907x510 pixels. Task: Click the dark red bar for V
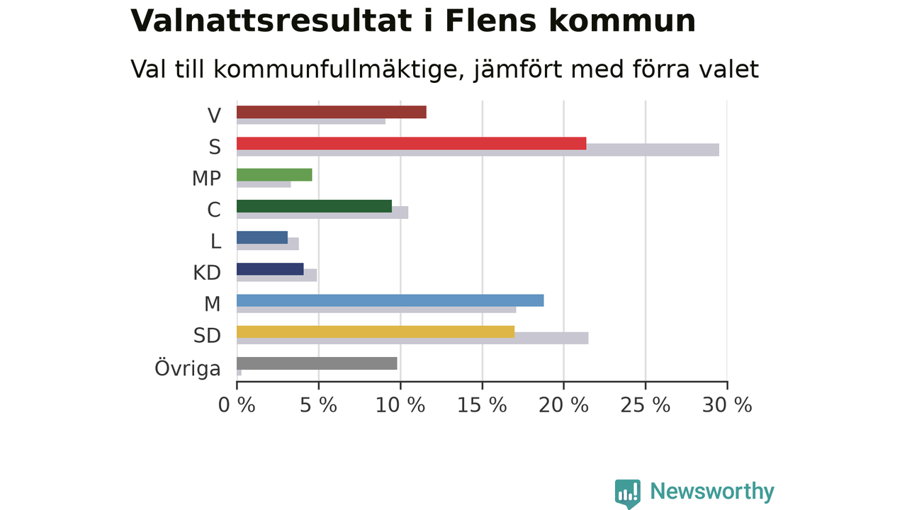(331, 112)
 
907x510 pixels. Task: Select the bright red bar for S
(412, 143)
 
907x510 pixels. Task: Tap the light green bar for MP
(274, 175)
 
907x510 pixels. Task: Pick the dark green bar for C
(314, 206)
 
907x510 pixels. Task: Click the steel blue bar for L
(262, 237)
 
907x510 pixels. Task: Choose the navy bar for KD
(270, 269)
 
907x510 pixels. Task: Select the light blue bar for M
(390, 300)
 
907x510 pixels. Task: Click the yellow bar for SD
(376, 332)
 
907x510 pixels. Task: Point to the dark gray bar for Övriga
(317, 363)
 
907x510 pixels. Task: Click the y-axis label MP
(206, 178)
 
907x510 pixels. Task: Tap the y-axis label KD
(207, 273)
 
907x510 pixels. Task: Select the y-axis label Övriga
(188, 368)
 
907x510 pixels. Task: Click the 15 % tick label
(482, 404)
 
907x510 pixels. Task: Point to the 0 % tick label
(237, 404)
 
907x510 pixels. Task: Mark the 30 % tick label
(727, 404)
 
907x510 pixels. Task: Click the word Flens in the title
(491, 21)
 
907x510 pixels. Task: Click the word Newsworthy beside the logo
(712, 492)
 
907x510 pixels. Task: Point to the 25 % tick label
(645, 404)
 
